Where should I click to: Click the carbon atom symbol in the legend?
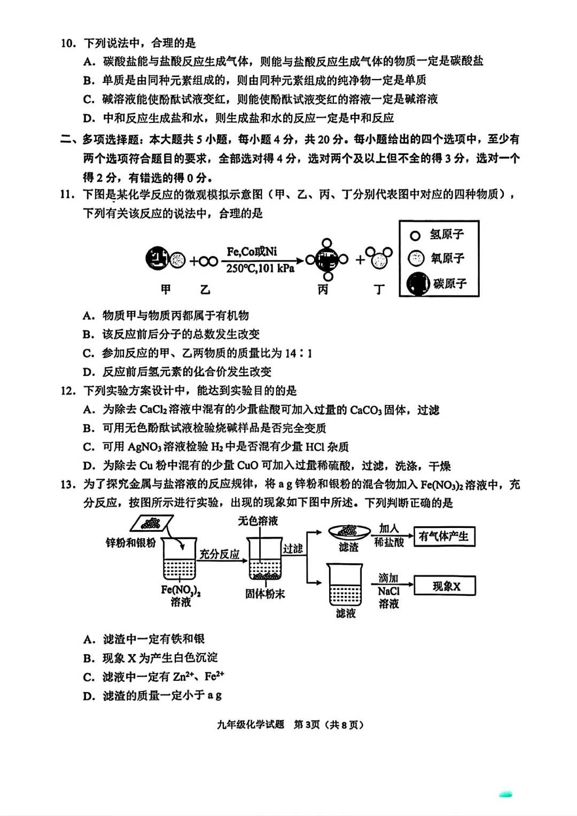click(x=418, y=283)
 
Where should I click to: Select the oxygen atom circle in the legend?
click(x=416, y=259)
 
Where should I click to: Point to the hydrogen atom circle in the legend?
click(x=415, y=235)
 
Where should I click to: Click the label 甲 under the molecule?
click(x=166, y=290)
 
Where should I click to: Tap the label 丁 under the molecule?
click(x=379, y=290)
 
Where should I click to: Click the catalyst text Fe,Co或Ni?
click(x=252, y=252)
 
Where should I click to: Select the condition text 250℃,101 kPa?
click(x=260, y=268)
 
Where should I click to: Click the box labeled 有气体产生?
click(x=444, y=537)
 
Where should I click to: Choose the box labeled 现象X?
click(x=445, y=586)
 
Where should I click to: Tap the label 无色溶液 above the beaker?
click(x=258, y=520)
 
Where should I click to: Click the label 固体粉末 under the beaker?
click(x=265, y=594)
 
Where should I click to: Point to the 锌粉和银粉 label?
click(x=131, y=543)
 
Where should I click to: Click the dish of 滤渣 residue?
click(x=349, y=532)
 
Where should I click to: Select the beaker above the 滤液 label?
click(x=345, y=585)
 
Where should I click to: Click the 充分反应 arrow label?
click(x=219, y=554)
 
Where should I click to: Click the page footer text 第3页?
click(x=307, y=725)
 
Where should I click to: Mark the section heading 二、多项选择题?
click(x=102, y=139)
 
